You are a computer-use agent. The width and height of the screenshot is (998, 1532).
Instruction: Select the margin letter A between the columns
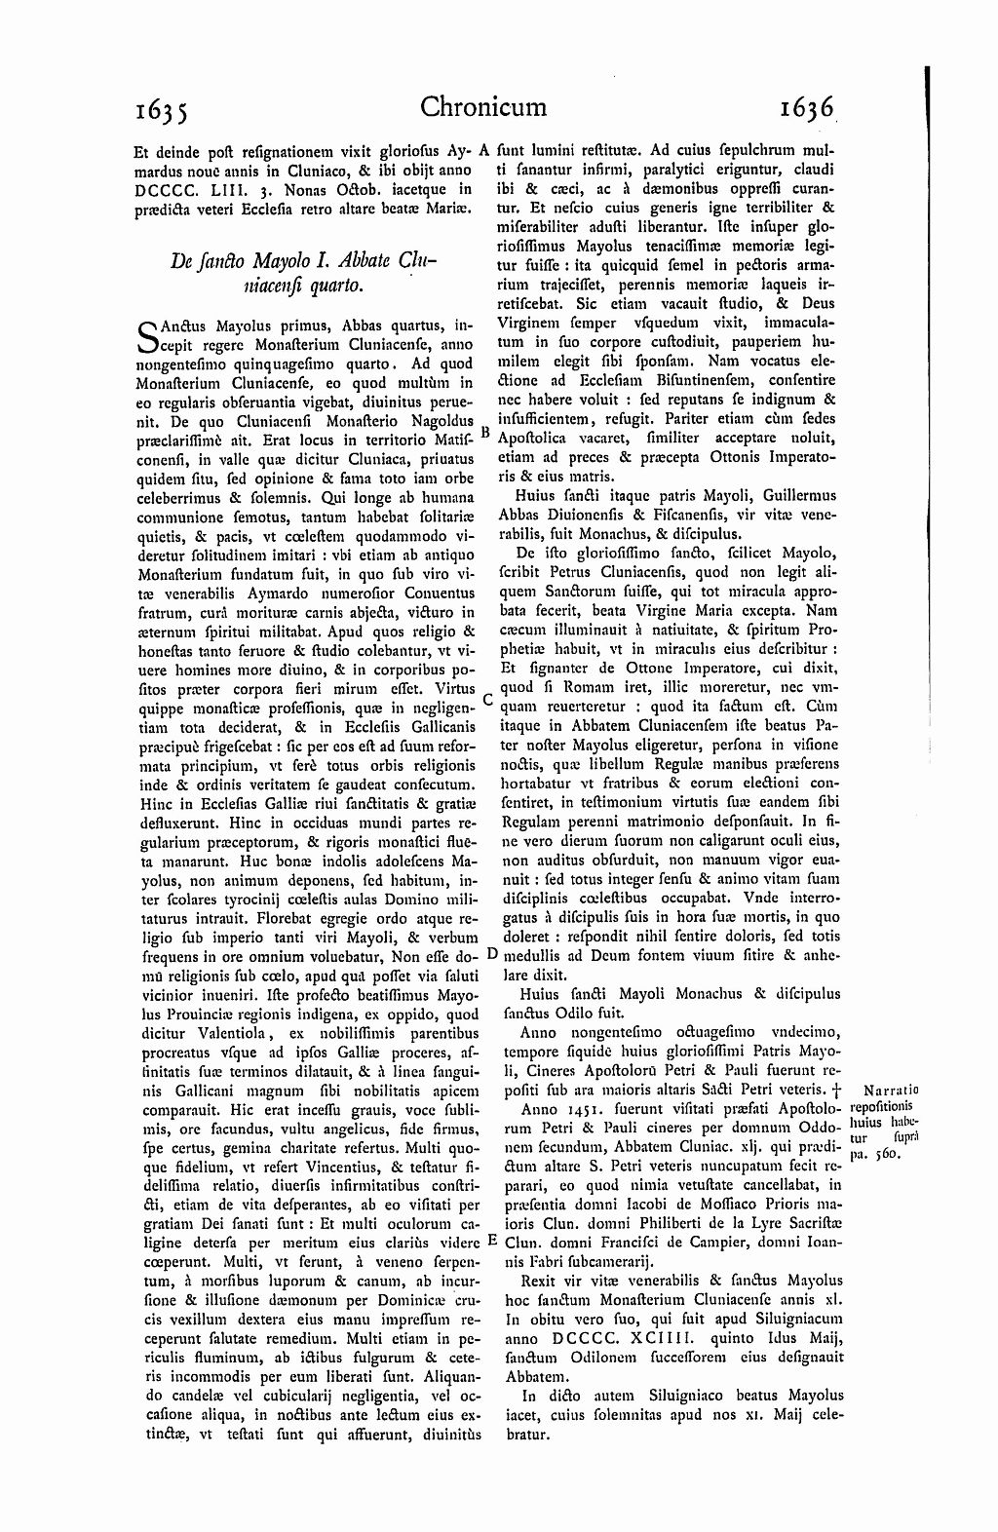[x=485, y=152]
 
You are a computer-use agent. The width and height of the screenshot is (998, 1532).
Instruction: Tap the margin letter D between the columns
[x=490, y=953]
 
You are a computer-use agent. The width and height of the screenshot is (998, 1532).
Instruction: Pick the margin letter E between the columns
[x=491, y=1240]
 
